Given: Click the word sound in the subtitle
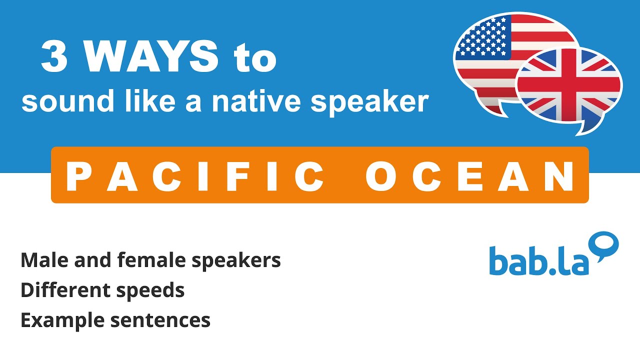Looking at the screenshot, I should click(x=52, y=101).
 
